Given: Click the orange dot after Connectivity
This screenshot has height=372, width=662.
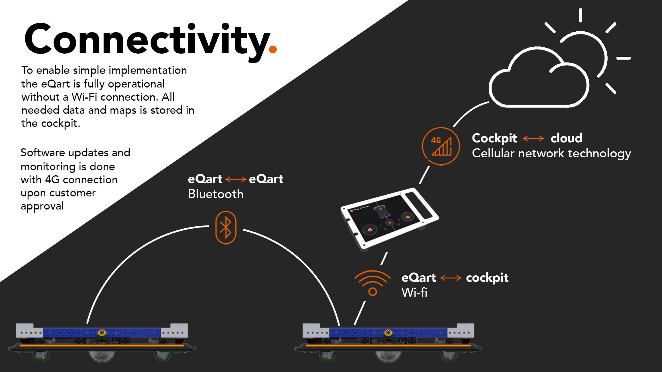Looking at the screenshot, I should (273, 50).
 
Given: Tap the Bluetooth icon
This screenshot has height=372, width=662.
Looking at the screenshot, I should (226, 227).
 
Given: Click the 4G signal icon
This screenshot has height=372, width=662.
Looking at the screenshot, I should (441, 146).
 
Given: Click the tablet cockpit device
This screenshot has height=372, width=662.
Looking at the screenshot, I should (389, 218).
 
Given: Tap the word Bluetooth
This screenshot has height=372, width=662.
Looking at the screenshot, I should (216, 194).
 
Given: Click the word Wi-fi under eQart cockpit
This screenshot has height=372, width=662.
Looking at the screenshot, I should (414, 292).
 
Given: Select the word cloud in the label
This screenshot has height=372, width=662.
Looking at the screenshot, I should (566, 138).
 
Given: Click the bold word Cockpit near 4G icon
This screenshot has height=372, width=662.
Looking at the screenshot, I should (494, 138).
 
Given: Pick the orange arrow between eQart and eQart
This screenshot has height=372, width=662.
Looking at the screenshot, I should (236, 179).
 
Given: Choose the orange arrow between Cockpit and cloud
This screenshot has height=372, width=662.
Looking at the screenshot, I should (533, 139).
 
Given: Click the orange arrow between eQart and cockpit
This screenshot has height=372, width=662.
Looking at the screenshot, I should (451, 278).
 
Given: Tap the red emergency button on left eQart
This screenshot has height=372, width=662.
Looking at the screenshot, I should (102, 332).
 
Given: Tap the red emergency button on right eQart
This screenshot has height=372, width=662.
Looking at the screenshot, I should (388, 332).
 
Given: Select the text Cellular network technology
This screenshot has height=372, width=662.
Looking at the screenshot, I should (551, 153).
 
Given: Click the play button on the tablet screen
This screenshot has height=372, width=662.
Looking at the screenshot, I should (390, 223).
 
